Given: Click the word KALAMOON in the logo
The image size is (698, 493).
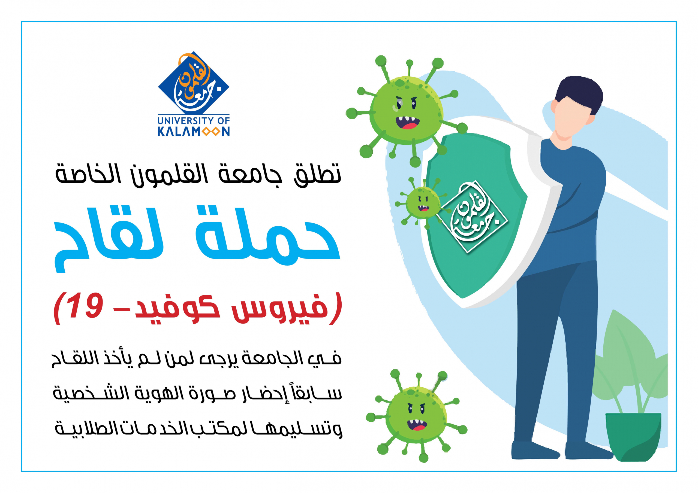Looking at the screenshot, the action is click(x=194, y=132).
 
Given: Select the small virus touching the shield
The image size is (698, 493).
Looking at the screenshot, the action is click(x=422, y=202).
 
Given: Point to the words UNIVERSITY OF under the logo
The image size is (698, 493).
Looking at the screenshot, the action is click(x=194, y=120).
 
